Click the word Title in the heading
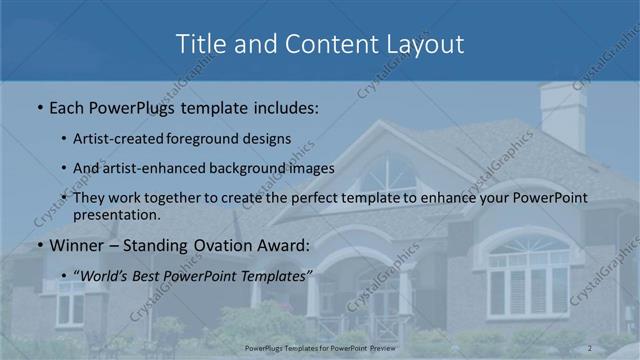201,44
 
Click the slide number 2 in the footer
590,347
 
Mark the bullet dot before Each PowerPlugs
39,105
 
